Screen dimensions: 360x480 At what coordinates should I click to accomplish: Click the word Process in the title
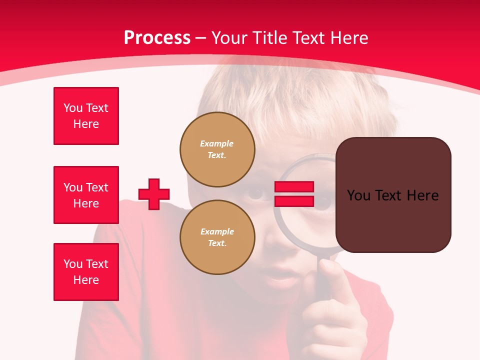pyautogui.click(x=157, y=38)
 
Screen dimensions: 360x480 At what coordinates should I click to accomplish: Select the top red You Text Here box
pyautogui.click(x=86, y=116)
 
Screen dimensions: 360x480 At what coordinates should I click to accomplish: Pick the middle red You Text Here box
pyautogui.click(x=86, y=195)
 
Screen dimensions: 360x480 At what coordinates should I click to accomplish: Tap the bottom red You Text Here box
pyautogui.click(x=86, y=272)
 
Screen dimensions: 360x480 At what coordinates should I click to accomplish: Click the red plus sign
pyautogui.click(x=154, y=194)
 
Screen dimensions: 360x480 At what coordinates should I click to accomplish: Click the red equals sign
pyautogui.click(x=294, y=194)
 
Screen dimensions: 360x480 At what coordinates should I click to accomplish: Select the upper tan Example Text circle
pyautogui.click(x=217, y=149)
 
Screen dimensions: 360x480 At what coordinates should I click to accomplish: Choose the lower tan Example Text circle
pyautogui.click(x=217, y=237)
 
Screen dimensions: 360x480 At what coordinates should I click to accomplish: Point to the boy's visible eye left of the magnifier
pyautogui.click(x=256, y=194)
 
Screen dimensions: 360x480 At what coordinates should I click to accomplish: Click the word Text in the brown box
pyautogui.click(x=393, y=195)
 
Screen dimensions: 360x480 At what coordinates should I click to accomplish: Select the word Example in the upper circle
pyautogui.click(x=217, y=144)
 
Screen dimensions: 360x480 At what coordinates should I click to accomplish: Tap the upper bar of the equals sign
pyautogui.click(x=294, y=187)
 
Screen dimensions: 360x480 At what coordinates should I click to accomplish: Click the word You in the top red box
pyautogui.click(x=73, y=108)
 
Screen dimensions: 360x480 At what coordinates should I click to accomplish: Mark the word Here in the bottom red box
pyautogui.click(x=86, y=280)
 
